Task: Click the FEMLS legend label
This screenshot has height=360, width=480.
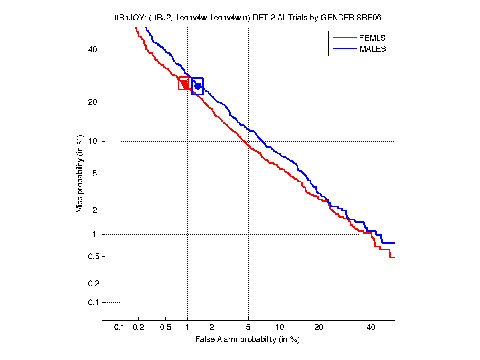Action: click(372, 38)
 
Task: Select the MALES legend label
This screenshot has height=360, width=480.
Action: click(373, 49)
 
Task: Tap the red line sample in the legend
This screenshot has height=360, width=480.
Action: click(344, 38)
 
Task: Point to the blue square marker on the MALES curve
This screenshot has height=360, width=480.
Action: click(197, 86)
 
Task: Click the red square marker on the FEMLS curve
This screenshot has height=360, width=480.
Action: click(184, 83)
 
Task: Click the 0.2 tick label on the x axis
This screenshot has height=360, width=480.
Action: click(138, 327)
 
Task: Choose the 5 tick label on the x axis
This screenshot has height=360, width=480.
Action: click(248, 327)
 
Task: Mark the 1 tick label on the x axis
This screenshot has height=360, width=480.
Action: click(187, 327)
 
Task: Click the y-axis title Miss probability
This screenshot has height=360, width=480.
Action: click(80, 174)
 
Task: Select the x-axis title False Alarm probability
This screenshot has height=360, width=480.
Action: click(247, 340)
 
